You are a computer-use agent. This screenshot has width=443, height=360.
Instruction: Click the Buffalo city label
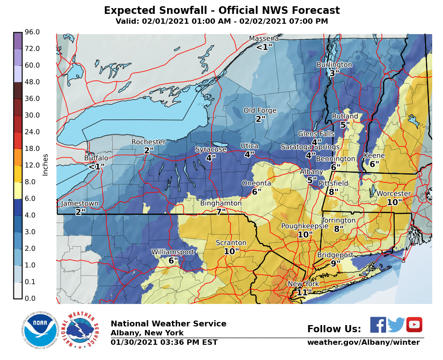click(x=96, y=158)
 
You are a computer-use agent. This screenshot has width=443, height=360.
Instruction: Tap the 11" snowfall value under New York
click(x=304, y=292)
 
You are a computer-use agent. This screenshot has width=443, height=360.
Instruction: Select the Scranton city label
click(x=231, y=243)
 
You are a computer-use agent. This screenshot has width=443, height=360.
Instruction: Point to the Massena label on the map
click(x=264, y=39)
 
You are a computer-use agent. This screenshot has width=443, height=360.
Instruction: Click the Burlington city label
click(x=334, y=65)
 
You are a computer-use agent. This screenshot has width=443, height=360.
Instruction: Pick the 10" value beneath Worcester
click(x=395, y=202)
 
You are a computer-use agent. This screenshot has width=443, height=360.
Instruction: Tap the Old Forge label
click(x=260, y=111)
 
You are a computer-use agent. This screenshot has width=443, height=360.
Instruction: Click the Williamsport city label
click(x=172, y=252)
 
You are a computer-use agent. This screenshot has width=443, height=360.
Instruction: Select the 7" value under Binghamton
click(x=221, y=212)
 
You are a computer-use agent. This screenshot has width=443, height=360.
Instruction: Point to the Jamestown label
click(x=79, y=204)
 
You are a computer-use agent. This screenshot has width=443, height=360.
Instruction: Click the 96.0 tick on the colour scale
click(x=32, y=32)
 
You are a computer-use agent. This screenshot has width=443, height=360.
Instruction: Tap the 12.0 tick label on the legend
click(x=32, y=165)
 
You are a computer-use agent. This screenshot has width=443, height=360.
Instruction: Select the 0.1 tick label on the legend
click(x=32, y=282)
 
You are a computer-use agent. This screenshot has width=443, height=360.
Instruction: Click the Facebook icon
click(x=378, y=325)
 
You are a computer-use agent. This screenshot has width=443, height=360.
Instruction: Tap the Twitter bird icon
click(x=396, y=325)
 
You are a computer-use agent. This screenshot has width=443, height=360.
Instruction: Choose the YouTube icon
click(x=414, y=325)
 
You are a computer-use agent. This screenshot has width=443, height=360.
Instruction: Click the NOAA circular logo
click(x=39, y=331)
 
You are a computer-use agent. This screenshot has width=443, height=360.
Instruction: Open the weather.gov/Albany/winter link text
click(x=363, y=343)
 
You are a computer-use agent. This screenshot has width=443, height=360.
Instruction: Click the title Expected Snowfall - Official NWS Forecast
click(x=222, y=10)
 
